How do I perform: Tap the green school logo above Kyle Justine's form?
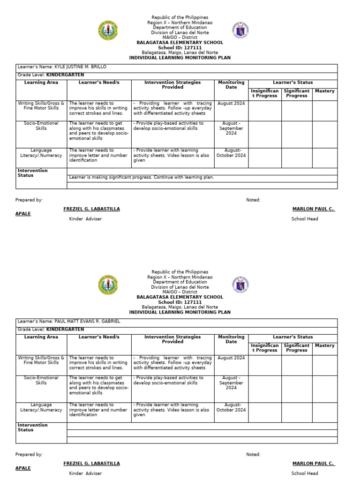(x=108, y=31)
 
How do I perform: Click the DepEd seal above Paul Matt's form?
(x=240, y=285)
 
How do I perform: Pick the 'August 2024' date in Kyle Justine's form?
(x=231, y=103)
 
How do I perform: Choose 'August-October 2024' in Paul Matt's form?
(x=231, y=407)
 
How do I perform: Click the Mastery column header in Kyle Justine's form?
(x=324, y=91)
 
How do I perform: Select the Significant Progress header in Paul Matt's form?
(x=296, y=348)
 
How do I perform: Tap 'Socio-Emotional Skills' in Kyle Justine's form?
(x=41, y=126)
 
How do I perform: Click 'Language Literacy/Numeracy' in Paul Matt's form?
(x=41, y=407)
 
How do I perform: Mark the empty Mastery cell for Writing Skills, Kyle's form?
(x=324, y=111)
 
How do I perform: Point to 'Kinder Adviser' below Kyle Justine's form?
(x=85, y=219)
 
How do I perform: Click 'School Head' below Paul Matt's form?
(x=305, y=473)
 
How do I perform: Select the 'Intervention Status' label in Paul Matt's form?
(x=32, y=427)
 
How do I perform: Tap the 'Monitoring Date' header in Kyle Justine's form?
(x=231, y=84)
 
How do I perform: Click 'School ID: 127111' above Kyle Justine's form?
(x=180, y=48)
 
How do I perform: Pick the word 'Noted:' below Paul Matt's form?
(x=253, y=454)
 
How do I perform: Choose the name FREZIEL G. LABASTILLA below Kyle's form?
(x=91, y=209)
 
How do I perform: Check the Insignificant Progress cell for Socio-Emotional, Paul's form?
(x=265, y=389)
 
